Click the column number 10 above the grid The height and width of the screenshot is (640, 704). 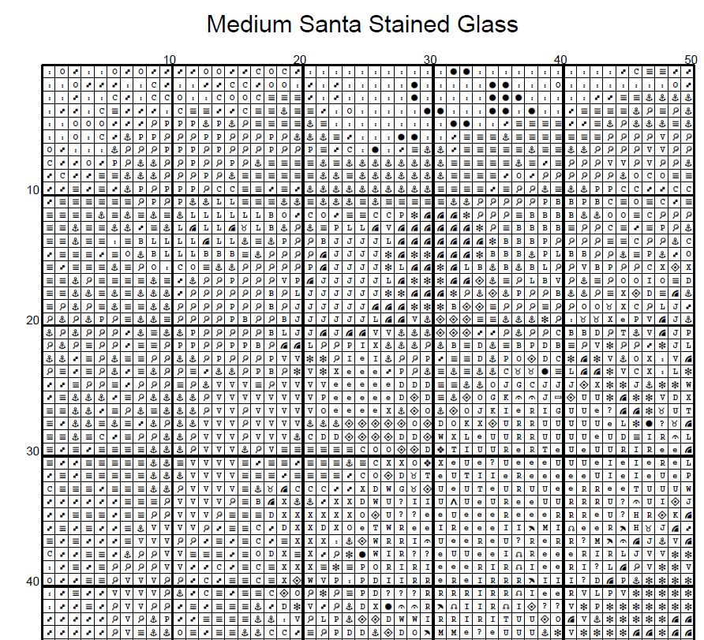coord(169,59)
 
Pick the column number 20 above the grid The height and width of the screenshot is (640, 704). coord(299,59)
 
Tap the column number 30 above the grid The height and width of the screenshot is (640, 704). coord(429,59)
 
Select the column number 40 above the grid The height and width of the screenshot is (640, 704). coord(560,59)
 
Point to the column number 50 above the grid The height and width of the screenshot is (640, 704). coord(690,59)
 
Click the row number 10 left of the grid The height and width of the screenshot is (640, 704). coord(32,190)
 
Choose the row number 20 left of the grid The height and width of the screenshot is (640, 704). coord(32,320)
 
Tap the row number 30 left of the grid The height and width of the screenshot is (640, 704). coord(32,451)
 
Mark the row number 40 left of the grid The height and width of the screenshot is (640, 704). coord(32,582)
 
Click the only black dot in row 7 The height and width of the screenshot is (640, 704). coord(376,150)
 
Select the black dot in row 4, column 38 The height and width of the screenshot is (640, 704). coord(532,110)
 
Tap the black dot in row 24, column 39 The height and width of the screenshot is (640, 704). coord(545,371)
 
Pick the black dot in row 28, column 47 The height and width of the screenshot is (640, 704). coord(650,423)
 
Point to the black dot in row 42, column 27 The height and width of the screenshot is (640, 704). coord(389,606)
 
